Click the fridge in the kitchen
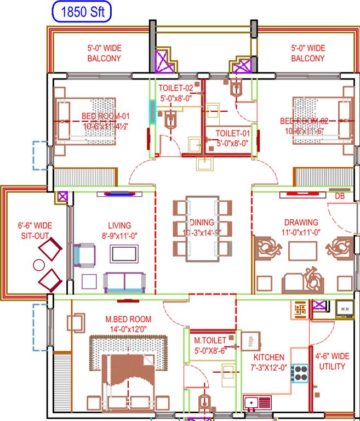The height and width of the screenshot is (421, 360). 248,340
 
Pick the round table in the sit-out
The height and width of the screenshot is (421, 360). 38,265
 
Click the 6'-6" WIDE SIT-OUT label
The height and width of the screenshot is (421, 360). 34,230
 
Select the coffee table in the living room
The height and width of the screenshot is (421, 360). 124,253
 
